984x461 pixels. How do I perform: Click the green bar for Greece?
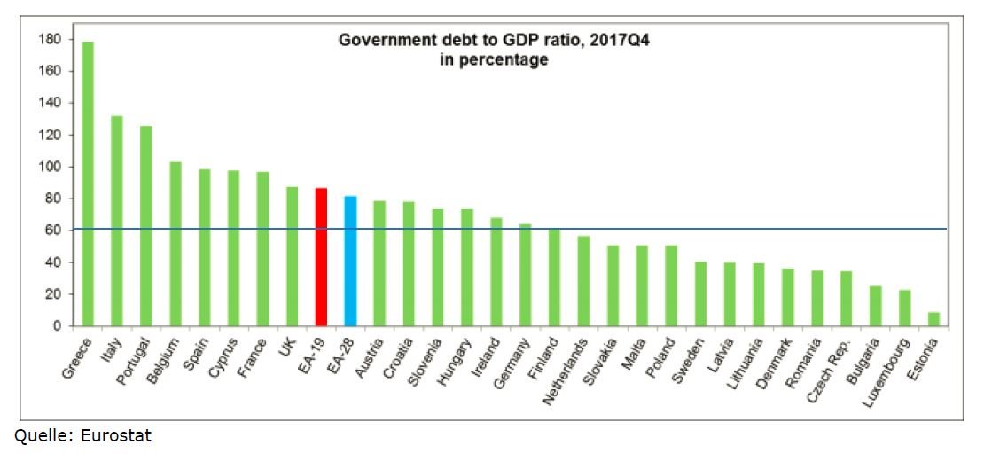pos(88,184)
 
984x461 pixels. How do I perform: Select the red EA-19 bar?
pos(322,257)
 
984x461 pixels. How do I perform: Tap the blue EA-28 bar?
pos(350,262)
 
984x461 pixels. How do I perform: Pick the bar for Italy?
pos(117,221)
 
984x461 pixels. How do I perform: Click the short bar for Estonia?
pos(933,319)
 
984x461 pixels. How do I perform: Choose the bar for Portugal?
pos(146,226)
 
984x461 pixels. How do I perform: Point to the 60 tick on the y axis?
pos(53,230)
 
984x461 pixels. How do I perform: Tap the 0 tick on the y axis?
pos(57,326)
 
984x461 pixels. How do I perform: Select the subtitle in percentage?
pos(493,60)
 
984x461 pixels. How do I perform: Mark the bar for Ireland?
pos(496,272)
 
